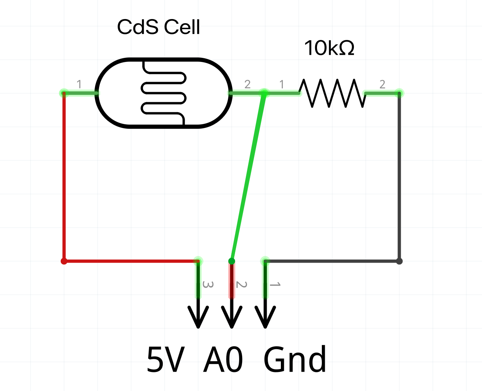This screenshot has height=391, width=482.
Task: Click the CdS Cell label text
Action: (x=158, y=27)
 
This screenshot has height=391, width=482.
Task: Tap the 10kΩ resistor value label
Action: (x=329, y=48)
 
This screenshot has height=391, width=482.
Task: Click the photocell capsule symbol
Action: (x=164, y=93)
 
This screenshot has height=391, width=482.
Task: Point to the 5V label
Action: (x=166, y=360)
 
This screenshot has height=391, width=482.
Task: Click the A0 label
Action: (x=223, y=360)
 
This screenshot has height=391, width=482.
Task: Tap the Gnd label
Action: (x=295, y=360)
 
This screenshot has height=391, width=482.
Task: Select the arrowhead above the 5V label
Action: (x=198, y=317)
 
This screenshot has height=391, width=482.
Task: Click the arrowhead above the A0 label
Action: (x=232, y=317)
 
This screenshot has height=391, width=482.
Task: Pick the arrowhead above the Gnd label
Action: (x=265, y=317)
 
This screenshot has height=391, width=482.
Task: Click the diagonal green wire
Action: (x=248, y=177)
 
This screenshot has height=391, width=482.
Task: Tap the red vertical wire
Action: (x=64, y=177)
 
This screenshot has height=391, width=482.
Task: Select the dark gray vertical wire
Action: (x=399, y=177)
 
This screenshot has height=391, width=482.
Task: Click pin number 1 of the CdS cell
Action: (x=79, y=84)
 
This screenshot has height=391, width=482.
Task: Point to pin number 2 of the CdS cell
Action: (x=247, y=84)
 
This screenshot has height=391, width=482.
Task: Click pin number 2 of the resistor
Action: (x=382, y=84)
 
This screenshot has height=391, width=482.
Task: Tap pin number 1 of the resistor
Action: (x=282, y=84)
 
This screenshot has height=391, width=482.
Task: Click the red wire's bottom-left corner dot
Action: (x=64, y=261)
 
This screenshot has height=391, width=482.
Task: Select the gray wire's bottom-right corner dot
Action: (x=399, y=261)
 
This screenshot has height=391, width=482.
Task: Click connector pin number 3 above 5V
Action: (x=207, y=285)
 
